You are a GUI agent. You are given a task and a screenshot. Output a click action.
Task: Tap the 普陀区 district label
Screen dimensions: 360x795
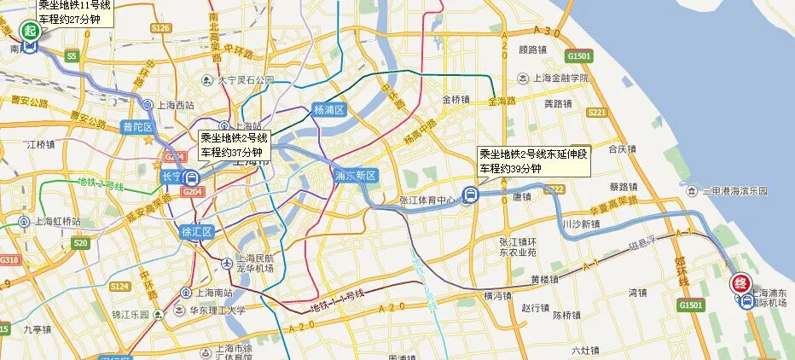tap(136, 127)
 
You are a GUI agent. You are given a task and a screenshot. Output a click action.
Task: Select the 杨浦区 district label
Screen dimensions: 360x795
tap(328, 110)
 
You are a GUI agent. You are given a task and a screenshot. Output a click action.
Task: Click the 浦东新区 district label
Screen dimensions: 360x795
tap(356, 176)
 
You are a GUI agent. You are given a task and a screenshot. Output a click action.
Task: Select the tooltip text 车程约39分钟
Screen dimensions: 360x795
tap(510, 169)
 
